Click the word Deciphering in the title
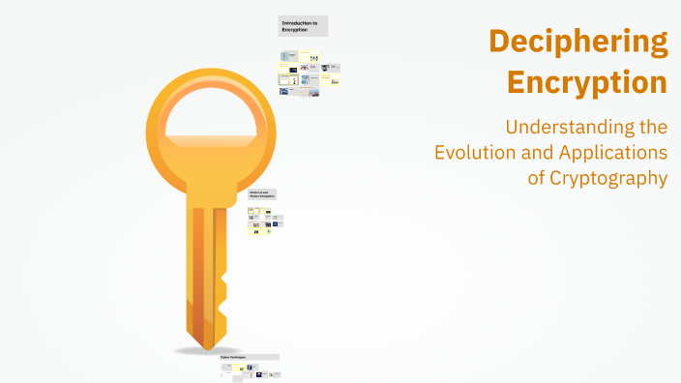pos(577,44)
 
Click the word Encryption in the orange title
pos(588,82)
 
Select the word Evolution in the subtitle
pos(474,153)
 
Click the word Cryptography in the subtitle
pos(609,178)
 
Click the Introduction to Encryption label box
pos(304,26)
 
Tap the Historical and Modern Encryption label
pos(262,194)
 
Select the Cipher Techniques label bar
pos(250,357)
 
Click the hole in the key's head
pos(206,121)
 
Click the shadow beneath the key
pos(207,349)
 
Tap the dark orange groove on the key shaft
pos(198,271)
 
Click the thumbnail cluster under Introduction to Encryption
pos(310,73)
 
